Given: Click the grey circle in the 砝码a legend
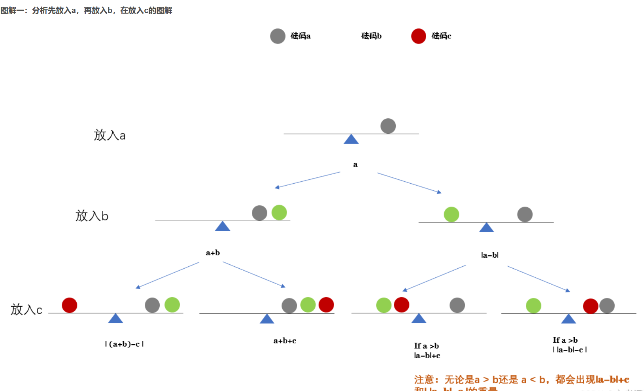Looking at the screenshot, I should [x=278, y=36].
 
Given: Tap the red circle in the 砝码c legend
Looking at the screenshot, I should [x=418, y=36].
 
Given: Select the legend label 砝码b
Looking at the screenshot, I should [x=371, y=36].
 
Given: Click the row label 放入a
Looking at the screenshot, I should [x=110, y=135].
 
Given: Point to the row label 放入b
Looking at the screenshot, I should [x=92, y=216].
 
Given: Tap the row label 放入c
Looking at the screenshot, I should [x=26, y=309].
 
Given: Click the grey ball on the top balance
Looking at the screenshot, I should [x=388, y=126].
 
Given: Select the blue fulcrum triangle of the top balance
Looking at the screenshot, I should [x=351, y=139].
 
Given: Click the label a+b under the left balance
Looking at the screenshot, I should [x=213, y=253].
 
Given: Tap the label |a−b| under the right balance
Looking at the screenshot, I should [x=489, y=255].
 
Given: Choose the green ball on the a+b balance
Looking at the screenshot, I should [x=279, y=213].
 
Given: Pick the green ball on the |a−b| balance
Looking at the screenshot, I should [x=451, y=214].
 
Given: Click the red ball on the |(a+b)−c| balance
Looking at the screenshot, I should [x=70, y=305].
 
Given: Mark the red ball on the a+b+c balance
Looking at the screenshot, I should [x=326, y=305].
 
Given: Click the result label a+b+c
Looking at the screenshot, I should [x=285, y=341].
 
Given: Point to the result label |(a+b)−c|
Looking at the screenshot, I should [x=124, y=344].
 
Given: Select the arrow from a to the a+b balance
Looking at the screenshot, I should [x=307, y=180].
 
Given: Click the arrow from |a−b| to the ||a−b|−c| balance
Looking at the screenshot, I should [x=538, y=279].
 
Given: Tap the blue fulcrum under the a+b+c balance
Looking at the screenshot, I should [x=267, y=319].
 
